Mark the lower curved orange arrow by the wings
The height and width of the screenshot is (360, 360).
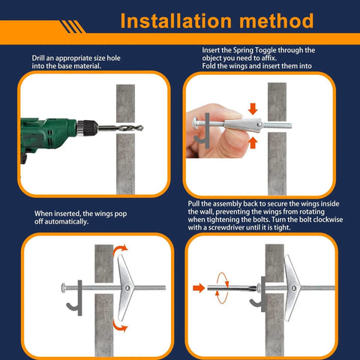pyautogui.click(x=121, y=324)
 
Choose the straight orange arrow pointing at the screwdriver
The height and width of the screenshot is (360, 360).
pyautogui.click(x=199, y=286)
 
